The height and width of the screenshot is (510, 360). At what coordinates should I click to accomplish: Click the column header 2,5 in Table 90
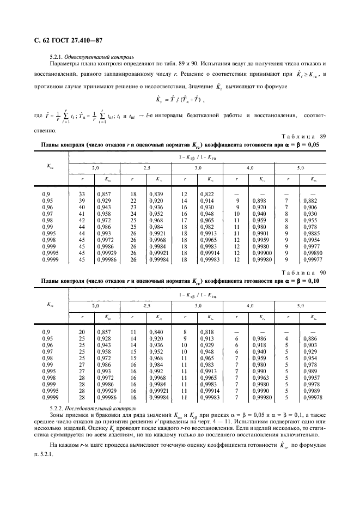pyautogui.click(x=147, y=306)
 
